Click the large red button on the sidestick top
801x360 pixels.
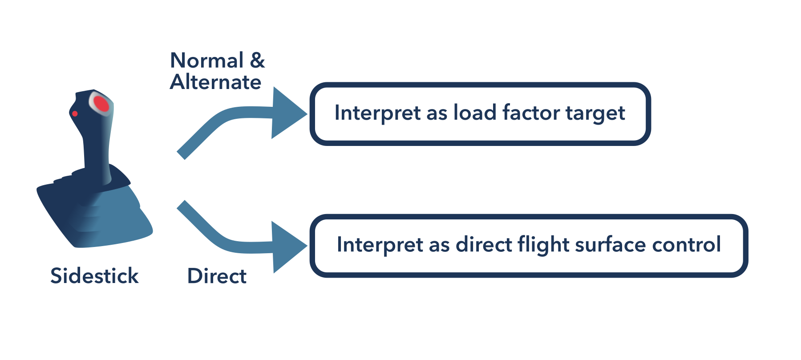click(x=101, y=104)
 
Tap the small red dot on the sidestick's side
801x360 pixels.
click(x=75, y=114)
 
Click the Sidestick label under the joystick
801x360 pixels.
click(x=94, y=276)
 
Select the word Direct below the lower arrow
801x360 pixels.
click(x=217, y=276)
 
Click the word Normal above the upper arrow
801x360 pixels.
click(x=207, y=61)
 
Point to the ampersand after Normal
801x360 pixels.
click(x=257, y=61)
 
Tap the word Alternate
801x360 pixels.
click(x=216, y=82)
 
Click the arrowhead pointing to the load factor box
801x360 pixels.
click(x=287, y=113)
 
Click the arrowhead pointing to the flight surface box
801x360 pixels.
click(x=287, y=247)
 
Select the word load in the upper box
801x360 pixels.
click(x=474, y=113)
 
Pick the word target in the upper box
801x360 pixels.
click(x=595, y=113)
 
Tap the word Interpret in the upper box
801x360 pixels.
click(x=377, y=113)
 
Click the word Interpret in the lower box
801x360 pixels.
click(x=380, y=245)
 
